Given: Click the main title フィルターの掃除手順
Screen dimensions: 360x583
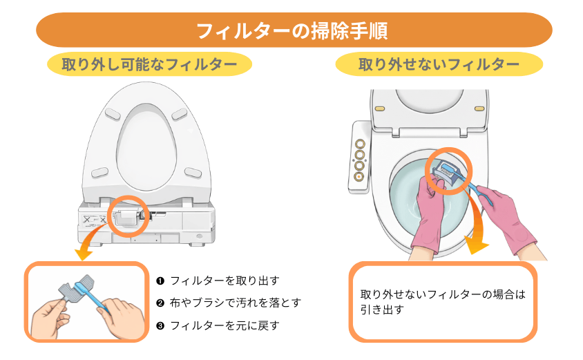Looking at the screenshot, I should coord(291,31).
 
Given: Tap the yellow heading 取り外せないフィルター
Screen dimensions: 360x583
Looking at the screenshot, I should coord(439,65).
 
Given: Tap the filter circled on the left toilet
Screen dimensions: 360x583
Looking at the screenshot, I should coord(127,218).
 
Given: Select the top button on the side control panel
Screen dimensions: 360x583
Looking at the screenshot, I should coord(360,143).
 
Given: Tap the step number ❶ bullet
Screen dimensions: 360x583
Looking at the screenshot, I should coord(160,281).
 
